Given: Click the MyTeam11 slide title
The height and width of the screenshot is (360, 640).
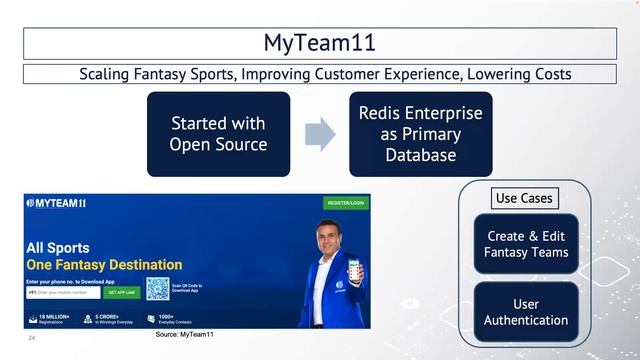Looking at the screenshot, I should coord(319,43).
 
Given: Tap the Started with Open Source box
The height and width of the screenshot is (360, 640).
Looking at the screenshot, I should coord(218,134).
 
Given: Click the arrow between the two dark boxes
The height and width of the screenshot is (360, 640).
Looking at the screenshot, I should coord(319,134).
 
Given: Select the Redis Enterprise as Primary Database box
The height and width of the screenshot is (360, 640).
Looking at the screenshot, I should coord(420,134).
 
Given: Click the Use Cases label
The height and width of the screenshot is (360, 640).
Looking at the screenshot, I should coord(524,198).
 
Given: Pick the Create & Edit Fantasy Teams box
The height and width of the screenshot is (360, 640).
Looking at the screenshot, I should coord(526,243).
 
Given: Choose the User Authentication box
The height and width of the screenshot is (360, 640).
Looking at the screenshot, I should coord(526,311).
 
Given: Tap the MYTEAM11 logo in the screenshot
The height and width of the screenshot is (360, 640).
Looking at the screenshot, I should coord(57,203).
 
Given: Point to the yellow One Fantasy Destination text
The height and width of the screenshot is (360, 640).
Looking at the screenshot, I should coord(104,265).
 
